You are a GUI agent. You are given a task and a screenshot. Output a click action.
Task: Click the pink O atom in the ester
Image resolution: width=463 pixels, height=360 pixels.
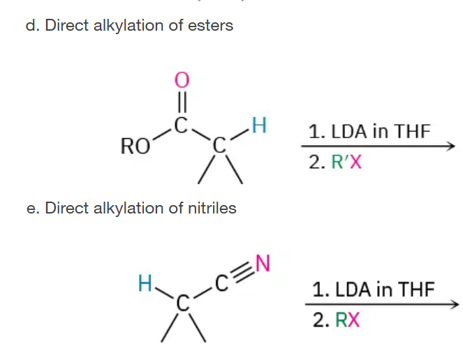pos(182,80)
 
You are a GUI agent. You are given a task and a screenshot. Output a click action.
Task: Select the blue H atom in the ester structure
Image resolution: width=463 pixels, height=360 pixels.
pos(259,126)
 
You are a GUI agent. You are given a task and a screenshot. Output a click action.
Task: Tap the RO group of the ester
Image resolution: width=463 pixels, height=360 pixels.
pos(135,147)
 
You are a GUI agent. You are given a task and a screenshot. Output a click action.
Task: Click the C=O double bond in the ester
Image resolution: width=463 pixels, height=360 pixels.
pos(182,102)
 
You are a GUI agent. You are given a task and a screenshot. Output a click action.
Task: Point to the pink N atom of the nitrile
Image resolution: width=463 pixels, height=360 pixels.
pos(263,263)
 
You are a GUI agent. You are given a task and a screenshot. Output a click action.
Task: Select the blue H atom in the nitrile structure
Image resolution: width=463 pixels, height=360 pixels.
pos(145,283)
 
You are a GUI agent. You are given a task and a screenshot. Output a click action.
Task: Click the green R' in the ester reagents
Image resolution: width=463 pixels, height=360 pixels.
pos(340,162)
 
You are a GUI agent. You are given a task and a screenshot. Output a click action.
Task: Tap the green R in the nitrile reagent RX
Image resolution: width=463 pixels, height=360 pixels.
pos(342,320)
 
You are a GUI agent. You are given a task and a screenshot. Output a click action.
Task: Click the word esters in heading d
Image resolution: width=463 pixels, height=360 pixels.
pos(210,25)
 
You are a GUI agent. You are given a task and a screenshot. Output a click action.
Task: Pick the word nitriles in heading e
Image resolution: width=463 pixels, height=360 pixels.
pos(212,208)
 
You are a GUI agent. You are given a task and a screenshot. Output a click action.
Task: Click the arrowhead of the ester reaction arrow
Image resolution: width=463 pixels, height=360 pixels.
pos(451,146)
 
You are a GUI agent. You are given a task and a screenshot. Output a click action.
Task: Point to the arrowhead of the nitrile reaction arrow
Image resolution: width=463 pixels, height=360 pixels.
pos(455,304)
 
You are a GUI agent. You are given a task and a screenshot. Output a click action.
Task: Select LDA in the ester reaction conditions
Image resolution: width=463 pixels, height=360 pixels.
pos(348,131)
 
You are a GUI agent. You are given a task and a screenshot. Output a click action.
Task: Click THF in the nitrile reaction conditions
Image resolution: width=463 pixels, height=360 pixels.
pos(416,289)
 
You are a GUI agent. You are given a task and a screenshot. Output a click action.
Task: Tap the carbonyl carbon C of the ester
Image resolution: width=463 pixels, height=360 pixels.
pos(181,125)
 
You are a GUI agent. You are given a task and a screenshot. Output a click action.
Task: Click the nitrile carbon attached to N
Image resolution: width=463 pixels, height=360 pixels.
pos(221,283)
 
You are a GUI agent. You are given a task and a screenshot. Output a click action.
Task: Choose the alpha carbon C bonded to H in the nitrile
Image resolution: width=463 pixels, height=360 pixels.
pos(183,303)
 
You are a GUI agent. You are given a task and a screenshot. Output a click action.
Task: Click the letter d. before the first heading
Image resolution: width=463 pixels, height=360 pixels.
pos(33,25)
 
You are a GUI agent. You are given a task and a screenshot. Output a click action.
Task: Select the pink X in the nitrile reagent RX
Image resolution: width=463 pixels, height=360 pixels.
pos(354,320)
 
